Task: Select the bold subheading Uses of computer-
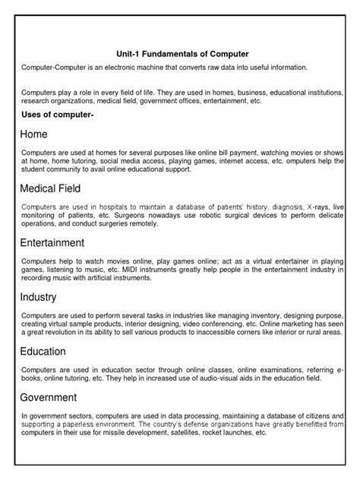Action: pos(58,114)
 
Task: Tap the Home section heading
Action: pos(34,134)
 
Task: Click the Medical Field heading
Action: pos(51,188)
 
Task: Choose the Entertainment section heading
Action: pos(52,243)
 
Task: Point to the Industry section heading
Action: pos(38,297)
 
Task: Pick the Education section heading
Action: pos(43,352)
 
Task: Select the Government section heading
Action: pos(49,397)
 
